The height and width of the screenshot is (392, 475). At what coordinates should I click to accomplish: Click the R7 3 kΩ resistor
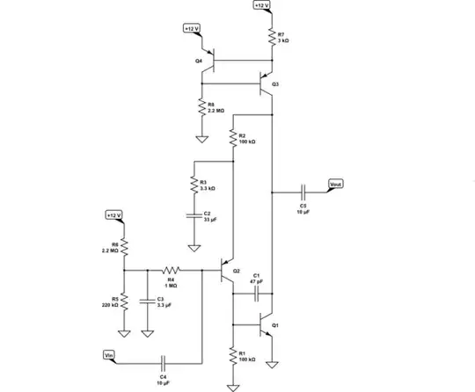tap(272, 38)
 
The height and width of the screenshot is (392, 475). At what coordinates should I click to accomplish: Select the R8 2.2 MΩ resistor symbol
tap(202, 106)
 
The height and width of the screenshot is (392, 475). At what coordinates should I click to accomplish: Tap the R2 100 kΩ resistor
tap(234, 139)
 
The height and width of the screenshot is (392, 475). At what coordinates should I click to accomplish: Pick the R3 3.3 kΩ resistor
tap(192, 185)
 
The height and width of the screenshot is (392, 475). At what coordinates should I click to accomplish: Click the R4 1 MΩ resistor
tap(171, 271)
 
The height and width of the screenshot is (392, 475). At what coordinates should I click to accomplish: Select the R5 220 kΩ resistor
tap(124, 301)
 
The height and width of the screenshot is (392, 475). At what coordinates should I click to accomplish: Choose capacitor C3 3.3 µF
tap(147, 301)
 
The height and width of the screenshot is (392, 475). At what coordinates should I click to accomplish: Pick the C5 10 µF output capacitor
tap(303, 191)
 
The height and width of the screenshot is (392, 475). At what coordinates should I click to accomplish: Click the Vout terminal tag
tap(335, 185)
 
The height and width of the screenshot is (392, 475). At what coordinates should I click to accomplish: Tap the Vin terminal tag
tap(110, 354)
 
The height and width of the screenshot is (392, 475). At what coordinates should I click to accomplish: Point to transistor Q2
tap(227, 271)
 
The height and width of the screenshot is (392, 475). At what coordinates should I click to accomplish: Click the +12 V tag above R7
tap(261, 5)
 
